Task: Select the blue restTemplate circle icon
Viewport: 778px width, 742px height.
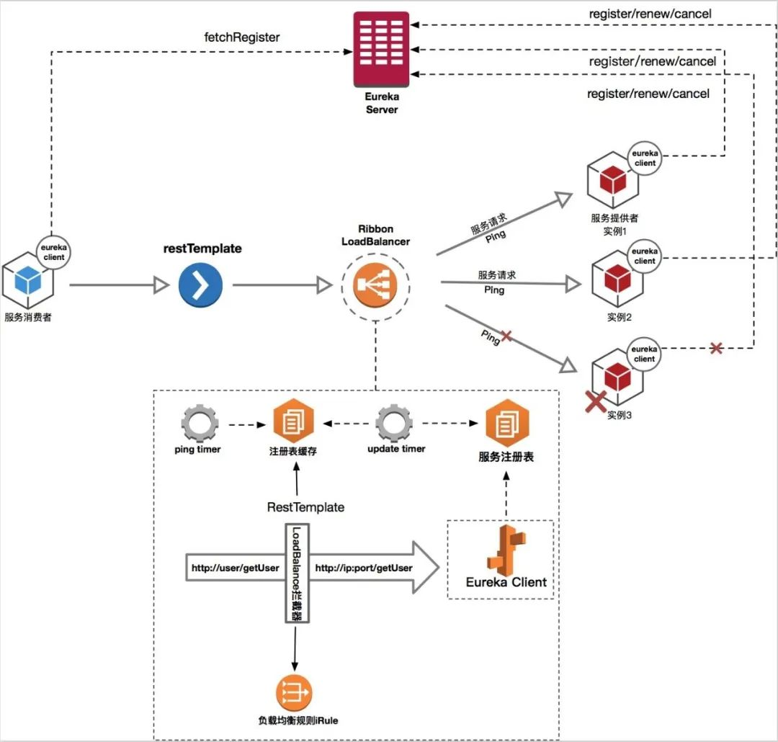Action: [200, 285]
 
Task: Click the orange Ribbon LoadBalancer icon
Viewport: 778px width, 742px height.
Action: [375, 285]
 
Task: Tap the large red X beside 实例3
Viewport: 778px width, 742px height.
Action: [594, 401]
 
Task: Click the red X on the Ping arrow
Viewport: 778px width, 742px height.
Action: [506, 336]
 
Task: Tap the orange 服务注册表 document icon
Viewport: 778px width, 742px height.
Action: [506, 424]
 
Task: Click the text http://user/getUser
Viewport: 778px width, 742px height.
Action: [235, 568]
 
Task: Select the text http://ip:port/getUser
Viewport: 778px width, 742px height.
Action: [364, 568]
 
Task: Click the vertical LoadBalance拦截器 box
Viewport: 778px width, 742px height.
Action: [295, 573]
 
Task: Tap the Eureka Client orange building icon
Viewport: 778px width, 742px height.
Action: [508, 548]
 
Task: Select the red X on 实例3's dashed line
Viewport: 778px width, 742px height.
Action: [715, 349]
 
